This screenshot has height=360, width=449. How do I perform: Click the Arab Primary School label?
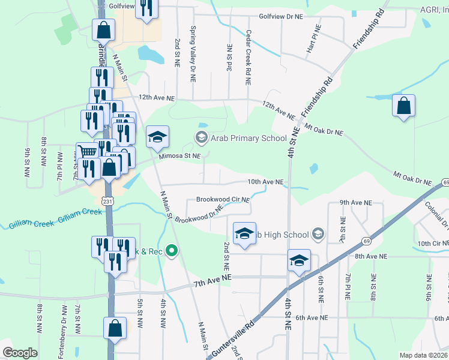tap(249, 138)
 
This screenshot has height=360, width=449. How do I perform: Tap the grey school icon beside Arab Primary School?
tap(201, 138)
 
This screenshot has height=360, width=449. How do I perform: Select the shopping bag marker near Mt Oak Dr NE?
tap(403, 106)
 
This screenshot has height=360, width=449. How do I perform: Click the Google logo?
tap(20, 353)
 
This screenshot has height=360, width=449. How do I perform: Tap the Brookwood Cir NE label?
tap(223, 199)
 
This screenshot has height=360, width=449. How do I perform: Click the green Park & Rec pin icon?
tap(172, 250)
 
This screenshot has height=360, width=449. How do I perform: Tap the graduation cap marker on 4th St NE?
tap(298, 260)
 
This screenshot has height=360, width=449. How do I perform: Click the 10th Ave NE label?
tap(265, 182)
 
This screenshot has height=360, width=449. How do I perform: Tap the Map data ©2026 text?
tap(423, 355)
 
